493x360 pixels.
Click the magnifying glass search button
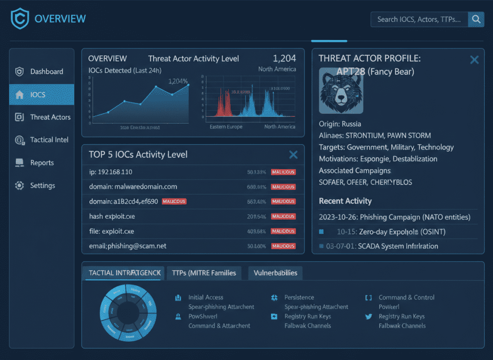(476, 19)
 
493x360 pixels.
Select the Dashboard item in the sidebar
(46, 71)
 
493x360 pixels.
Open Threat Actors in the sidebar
(50, 117)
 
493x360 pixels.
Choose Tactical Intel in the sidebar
(49, 140)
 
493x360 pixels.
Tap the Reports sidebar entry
(42, 163)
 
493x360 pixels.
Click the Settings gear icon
(20, 186)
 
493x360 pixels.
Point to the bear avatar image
(341, 91)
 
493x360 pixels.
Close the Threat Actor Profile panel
(474, 60)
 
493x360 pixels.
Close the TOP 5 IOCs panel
(293, 154)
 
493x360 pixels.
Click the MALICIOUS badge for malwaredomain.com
(283, 187)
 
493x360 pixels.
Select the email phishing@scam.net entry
(128, 246)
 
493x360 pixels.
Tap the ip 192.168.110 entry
(111, 172)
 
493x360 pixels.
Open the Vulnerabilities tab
(276, 273)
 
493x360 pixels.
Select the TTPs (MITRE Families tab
(204, 273)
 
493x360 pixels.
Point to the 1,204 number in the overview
(285, 59)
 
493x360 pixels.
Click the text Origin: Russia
(340, 123)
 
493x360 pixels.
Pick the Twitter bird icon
(369, 317)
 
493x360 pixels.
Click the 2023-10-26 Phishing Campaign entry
(394, 217)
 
